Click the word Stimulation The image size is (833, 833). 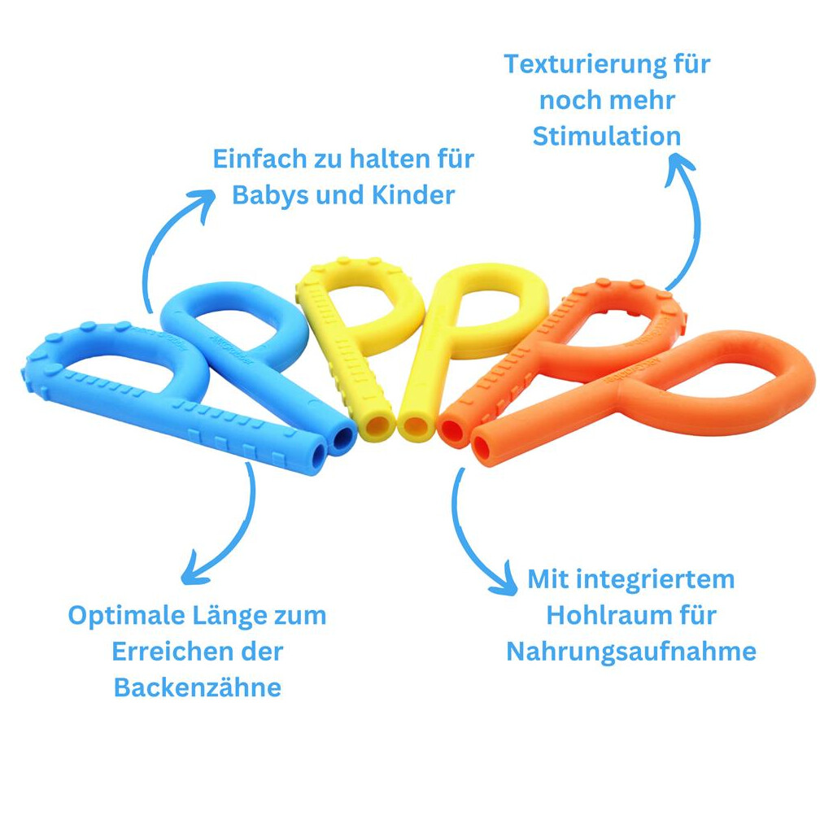607,136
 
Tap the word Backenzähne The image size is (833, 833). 197,687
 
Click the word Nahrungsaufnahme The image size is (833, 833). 631,652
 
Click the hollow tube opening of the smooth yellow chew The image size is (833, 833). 416,426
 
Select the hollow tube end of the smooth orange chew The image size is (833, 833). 486,448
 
